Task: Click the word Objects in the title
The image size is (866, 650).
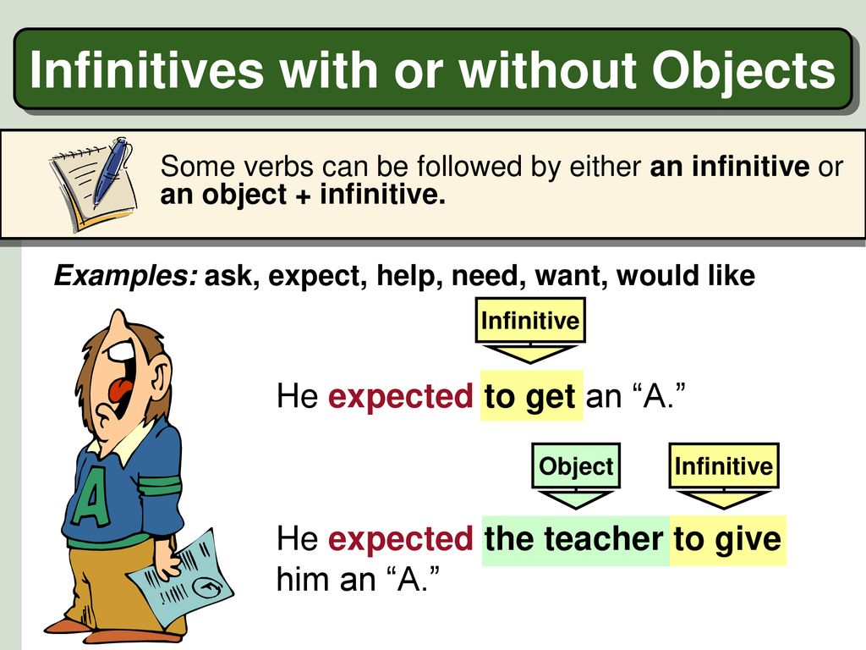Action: point(743,72)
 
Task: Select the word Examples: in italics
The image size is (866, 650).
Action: point(126,276)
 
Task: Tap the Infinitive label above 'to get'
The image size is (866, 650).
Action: point(530,320)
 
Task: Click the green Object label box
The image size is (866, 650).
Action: point(575,465)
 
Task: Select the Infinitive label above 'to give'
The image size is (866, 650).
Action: point(724,465)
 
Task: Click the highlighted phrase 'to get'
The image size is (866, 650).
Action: point(531,396)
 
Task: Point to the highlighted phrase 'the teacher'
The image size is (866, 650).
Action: point(575,539)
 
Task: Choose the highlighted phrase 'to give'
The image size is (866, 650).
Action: point(727,539)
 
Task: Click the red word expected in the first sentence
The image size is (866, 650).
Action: point(400,397)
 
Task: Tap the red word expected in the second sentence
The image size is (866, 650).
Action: point(400,539)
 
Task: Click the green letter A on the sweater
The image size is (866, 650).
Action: point(92,496)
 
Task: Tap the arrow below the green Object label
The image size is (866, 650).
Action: point(575,498)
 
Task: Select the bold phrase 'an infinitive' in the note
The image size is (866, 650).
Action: point(729,166)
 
